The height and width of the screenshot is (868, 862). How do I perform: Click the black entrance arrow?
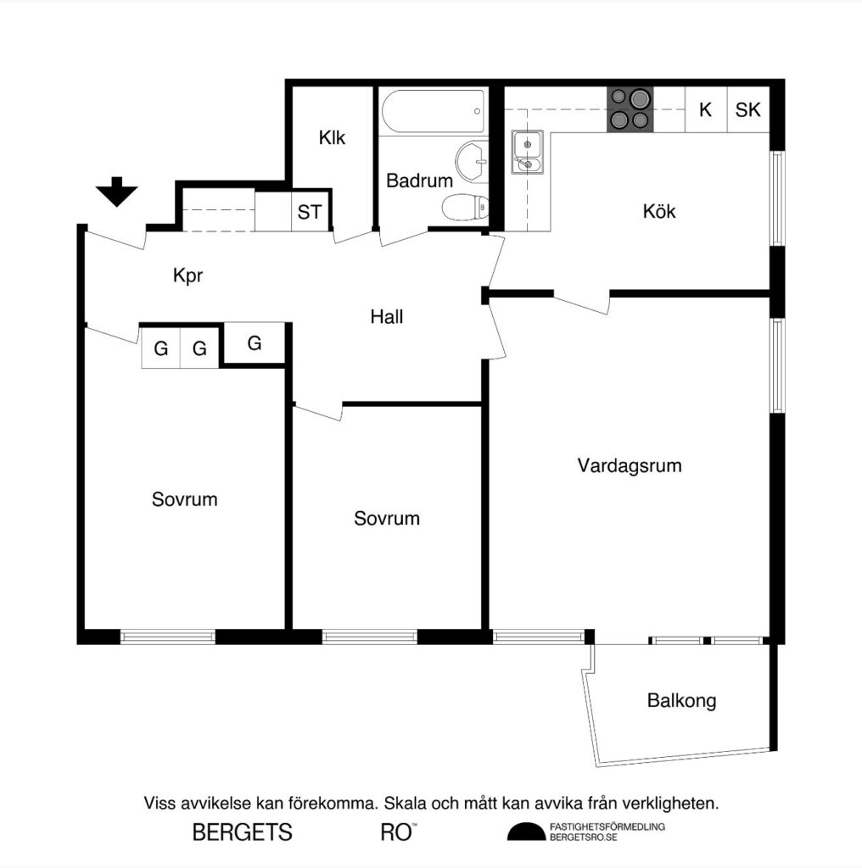(x=116, y=192)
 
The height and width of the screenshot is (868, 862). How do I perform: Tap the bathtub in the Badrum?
(x=433, y=112)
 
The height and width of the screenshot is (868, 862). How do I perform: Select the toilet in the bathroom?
(x=466, y=206)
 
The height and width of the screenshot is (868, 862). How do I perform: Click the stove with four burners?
(x=630, y=110)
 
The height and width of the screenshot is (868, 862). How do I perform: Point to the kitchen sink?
(x=527, y=153)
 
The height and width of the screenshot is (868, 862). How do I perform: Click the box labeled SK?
(x=747, y=110)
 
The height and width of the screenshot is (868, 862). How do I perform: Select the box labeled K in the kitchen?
(x=705, y=110)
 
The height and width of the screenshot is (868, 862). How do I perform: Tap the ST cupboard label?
(x=310, y=212)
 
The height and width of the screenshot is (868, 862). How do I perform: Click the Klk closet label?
(x=332, y=138)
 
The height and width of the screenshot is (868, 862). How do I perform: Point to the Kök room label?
(x=659, y=212)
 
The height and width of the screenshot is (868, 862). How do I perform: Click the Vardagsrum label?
(x=630, y=465)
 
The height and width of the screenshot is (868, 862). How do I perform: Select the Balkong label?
(x=681, y=701)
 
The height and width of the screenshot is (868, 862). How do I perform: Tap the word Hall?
(x=387, y=318)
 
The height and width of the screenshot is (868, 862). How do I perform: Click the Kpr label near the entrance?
(x=188, y=276)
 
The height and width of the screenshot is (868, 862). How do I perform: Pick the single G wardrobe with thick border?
(x=255, y=344)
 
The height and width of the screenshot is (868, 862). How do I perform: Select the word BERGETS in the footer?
(x=243, y=832)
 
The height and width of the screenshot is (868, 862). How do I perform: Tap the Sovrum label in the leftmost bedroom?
(x=184, y=500)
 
